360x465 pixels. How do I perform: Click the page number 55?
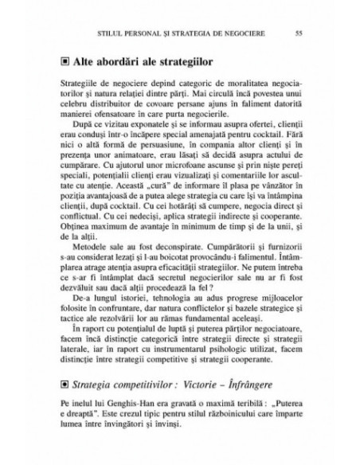click(x=297, y=33)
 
